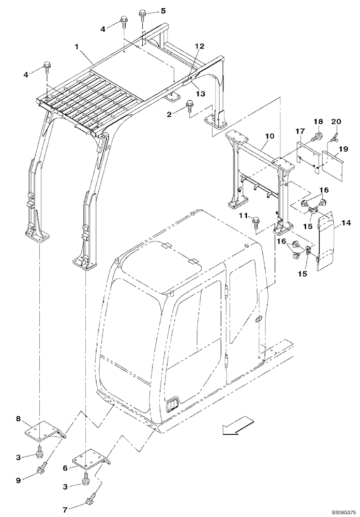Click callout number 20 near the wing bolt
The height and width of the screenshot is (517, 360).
click(x=337, y=121)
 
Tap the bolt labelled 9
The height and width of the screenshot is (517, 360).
click(x=43, y=470)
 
